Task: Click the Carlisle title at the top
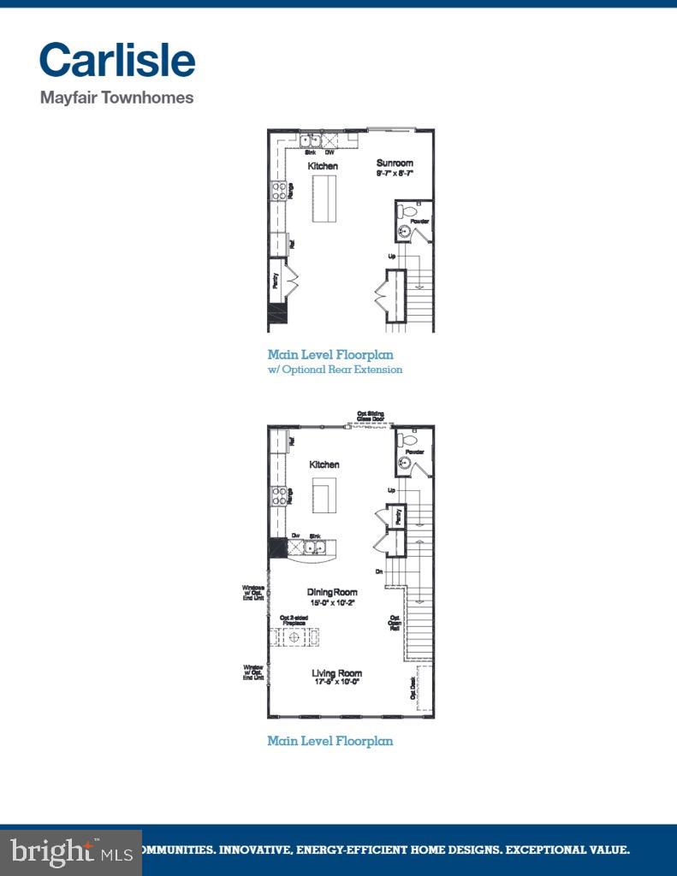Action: coord(117,60)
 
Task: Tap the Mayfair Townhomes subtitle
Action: coord(116,98)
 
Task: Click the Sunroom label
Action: coord(395,163)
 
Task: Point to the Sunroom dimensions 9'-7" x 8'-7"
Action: coord(395,173)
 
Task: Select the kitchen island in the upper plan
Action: coord(324,198)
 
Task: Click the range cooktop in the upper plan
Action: coord(278,191)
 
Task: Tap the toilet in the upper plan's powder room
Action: coord(409,210)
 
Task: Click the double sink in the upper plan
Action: coord(310,141)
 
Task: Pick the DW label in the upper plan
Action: coord(330,152)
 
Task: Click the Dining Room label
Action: coord(332,592)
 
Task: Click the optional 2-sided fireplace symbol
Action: coord(295,637)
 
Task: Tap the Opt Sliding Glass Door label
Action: coord(371,416)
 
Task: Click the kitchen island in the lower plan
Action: coord(324,494)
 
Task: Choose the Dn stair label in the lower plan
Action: coord(378,571)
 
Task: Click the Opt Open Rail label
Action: coord(395,622)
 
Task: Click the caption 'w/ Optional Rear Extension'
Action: coord(335,370)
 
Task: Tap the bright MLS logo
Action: coord(71,851)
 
